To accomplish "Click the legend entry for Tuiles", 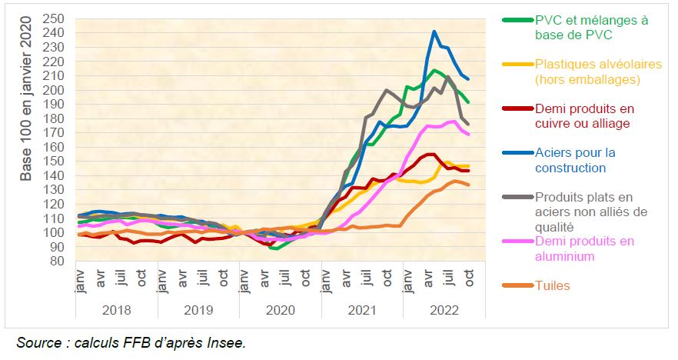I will click(x=553, y=286).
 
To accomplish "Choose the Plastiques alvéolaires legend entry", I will click(x=587, y=72).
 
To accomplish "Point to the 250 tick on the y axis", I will click(x=54, y=18).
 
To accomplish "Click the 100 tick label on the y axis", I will click(x=54, y=232).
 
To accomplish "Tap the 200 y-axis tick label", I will click(x=54, y=90).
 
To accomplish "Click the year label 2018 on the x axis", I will click(x=117, y=310).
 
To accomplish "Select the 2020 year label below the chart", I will click(x=281, y=310).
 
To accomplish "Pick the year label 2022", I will click(x=444, y=310).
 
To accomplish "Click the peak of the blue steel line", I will click(x=434, y=32).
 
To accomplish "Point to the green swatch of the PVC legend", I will click(x=516, y=20).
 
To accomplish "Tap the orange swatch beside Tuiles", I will click(x=516, y=286).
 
